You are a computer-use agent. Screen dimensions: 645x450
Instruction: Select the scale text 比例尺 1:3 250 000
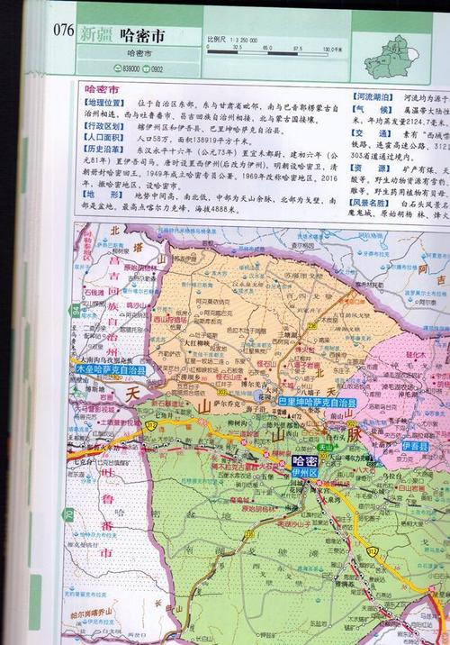[232, 40]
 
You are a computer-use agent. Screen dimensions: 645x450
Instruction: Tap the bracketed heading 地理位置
[104, 106]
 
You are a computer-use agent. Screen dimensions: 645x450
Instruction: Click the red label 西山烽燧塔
[169, 319]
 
